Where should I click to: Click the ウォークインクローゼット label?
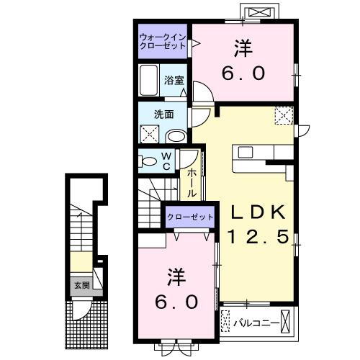pyautogui.click(x=162, y=40)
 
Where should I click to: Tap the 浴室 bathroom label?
pyautogui.click(x=172, y=80)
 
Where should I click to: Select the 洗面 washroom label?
pyautogui.click(x=163, y=114)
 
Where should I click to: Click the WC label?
pyautogui.click(x=165, y=160)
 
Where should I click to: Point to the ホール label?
pyautogui.click(x=193, y=184)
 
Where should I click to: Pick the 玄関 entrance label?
pyautogui.click(x=79, y=284)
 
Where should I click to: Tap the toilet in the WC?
pyautogui.click(x=149, y=161)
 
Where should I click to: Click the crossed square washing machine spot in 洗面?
pyautogui.click(x=150, y=133)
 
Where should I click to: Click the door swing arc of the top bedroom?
pyautogui.click(x=201, y=94)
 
